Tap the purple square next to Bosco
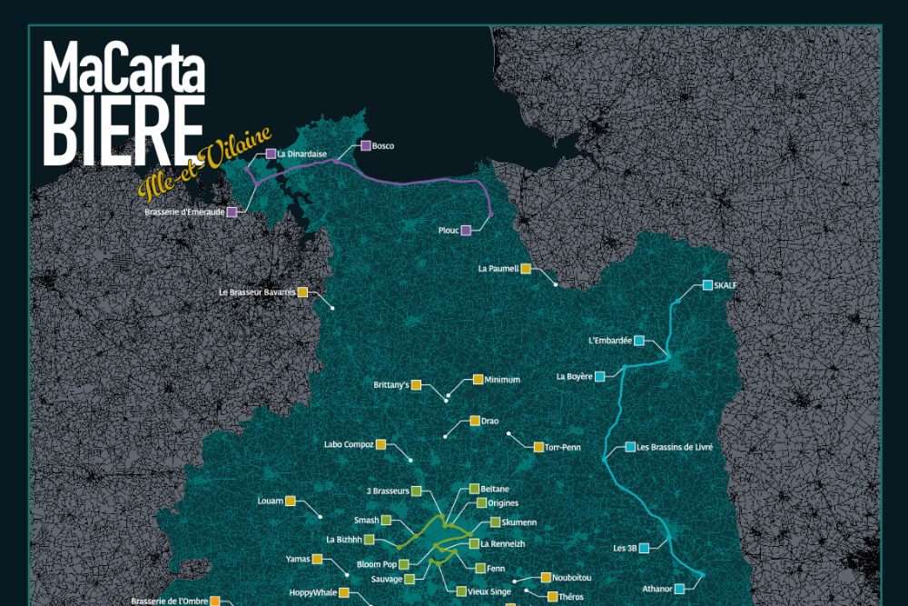pos(365,145)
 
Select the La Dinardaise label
pos(302,154)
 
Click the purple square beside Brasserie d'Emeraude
pos(232,212)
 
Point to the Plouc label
pos(448,231)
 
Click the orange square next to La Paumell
pos(526,269)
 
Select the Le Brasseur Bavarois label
pos(257,293)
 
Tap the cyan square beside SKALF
pos(707,285)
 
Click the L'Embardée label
pos(609,341)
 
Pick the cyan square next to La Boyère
pos(599,376)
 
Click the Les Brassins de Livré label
pos(675,447)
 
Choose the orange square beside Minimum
pos(478,380)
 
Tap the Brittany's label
pos(391,385)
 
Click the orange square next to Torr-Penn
pos(538,447)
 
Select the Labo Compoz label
pos(349,444)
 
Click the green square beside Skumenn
pos(495,522)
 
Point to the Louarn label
pos(271,501)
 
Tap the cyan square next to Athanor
pos(679,589)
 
